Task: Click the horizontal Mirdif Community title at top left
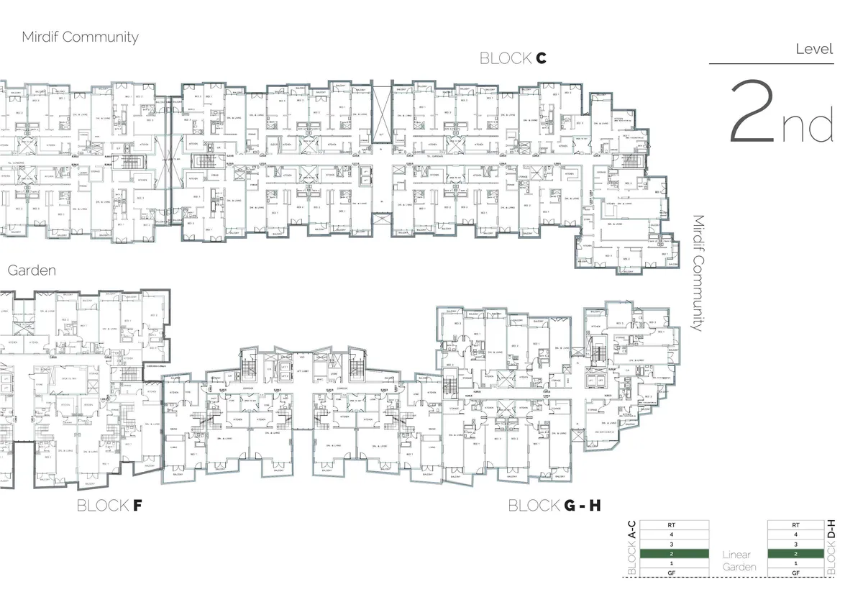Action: coord(80,37)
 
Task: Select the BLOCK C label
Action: coord(513,59)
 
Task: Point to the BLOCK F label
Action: coord(109,506)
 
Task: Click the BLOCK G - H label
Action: coord(554,506)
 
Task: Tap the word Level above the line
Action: coord(814,50)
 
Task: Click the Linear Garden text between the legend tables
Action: coord(738,560)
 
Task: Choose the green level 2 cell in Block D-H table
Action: coord(795,554)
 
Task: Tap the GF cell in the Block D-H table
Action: coord(795,573)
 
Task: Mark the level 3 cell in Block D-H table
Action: coord(795,545)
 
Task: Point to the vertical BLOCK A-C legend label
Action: coord(632,548)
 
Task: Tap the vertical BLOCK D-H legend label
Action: coord(831,548)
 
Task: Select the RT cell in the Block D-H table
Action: coord(795,525)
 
